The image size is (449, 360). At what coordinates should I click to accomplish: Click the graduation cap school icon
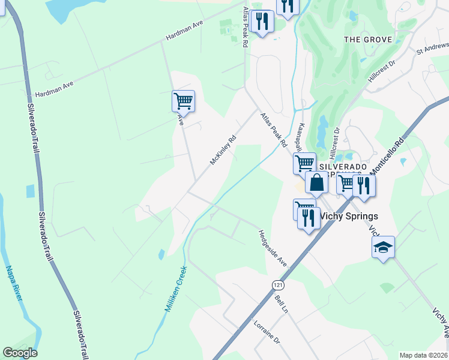click(383, 247)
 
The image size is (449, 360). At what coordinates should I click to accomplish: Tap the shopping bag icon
click(316, 182)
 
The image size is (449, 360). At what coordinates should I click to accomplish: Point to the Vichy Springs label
click(349, 216)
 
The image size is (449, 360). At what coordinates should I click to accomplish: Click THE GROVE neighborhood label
click(368, 40)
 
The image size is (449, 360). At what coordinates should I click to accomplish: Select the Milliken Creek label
click(176, 288)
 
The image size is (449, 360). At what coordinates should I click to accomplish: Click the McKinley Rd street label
click(223, 149)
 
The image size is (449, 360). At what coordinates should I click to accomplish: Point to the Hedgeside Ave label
click(273, 248)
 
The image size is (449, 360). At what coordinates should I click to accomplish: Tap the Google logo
click(20, 353)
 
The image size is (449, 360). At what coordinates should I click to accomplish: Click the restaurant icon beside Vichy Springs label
click(309, 217)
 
